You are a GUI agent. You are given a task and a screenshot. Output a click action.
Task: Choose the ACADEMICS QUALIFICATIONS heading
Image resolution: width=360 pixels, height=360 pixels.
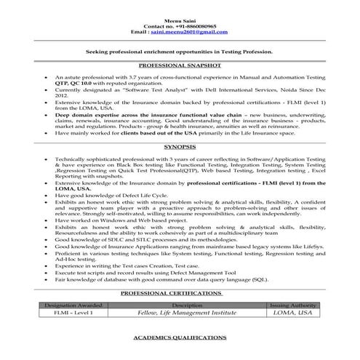click(179, 340)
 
